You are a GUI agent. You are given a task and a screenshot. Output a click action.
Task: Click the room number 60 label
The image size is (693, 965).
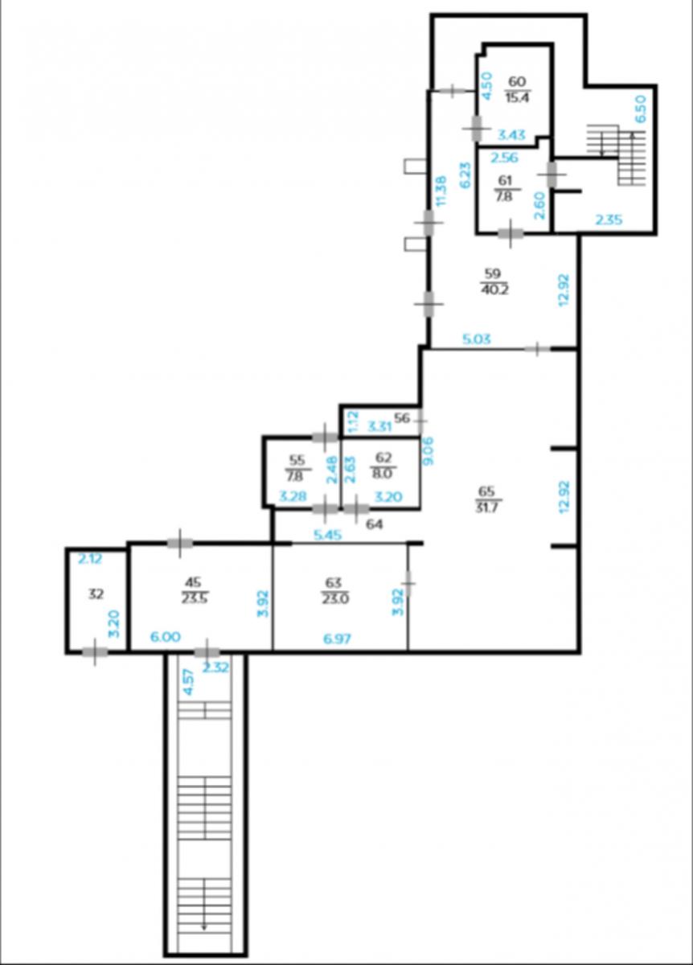517,81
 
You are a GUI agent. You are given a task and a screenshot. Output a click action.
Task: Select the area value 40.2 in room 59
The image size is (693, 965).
494,289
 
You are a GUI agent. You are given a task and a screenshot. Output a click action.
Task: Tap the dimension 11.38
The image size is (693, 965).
441,191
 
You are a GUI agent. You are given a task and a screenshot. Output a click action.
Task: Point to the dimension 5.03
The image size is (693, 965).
477,339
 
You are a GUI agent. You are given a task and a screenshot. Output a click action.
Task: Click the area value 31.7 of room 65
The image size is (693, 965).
487,507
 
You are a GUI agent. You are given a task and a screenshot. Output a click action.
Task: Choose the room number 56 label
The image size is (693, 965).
401,418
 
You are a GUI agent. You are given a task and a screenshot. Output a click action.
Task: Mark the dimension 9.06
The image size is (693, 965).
429,451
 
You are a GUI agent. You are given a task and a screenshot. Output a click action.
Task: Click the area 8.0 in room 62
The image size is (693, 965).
383,474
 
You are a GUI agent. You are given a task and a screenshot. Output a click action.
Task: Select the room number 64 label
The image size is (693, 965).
373,524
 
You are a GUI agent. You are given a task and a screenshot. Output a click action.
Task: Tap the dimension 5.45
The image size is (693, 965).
328,535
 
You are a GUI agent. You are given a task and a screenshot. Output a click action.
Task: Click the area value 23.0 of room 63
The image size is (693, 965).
334,599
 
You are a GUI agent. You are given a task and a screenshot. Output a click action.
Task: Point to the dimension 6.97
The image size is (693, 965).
337,639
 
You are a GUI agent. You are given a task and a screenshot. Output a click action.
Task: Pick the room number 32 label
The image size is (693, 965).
96,594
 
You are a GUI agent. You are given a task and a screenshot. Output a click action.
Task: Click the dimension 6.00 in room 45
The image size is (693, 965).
166,636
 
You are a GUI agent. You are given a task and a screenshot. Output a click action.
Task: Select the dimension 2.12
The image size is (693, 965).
90,559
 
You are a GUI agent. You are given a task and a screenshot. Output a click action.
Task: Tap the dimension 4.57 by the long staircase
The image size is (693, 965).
189,682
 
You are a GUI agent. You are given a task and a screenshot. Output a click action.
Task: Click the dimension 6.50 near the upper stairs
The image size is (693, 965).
641,109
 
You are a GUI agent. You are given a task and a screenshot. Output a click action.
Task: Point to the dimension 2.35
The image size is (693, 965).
609,220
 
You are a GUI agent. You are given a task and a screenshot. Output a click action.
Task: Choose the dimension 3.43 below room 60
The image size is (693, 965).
511,135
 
